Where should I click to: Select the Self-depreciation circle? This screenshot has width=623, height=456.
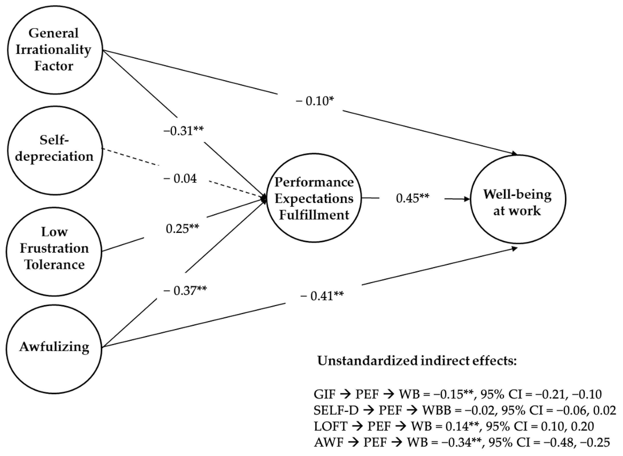(55, 150)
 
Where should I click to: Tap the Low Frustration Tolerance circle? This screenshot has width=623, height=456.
(54, 251)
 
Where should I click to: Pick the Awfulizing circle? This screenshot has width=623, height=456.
(54, 348)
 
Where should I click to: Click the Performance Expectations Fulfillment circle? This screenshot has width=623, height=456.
(314, 198)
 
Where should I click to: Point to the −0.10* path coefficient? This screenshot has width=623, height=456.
(314, 101)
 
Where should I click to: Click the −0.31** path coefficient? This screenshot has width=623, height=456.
(184, 131)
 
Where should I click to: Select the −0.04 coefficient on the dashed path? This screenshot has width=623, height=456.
(180, 179)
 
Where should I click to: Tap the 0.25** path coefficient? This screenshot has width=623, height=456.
(182, 228)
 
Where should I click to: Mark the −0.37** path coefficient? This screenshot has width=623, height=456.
(185, 290)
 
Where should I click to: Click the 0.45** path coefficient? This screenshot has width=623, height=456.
(412, 198)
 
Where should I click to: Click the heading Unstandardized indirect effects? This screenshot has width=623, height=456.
(417, 361)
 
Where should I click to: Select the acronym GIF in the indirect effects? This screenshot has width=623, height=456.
(324, 394)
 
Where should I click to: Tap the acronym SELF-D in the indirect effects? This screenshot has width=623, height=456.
(336, 411)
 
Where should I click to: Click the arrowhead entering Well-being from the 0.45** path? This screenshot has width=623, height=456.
(467, 199)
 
